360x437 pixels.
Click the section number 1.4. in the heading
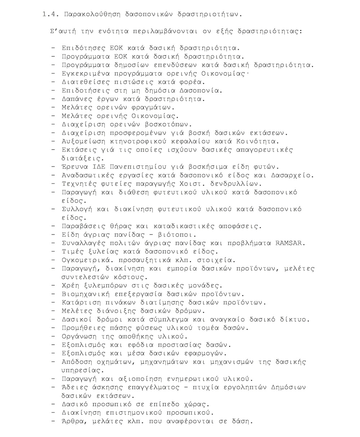point(51,15)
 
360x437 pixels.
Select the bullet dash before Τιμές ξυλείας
point(54,252)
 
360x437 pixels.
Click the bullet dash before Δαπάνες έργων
point(54,99)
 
